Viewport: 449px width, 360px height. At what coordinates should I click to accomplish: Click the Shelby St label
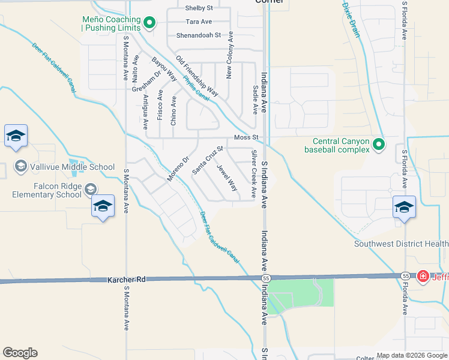[199, 8]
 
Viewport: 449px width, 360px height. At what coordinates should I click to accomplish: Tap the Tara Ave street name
[199, 22]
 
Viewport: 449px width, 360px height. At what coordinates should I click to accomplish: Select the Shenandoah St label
[199, 35]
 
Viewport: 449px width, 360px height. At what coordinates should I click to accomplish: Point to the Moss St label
[246, 138]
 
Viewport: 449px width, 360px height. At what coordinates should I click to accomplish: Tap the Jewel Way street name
[228, 178]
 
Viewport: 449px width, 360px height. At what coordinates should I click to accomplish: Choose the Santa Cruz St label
[208, 160]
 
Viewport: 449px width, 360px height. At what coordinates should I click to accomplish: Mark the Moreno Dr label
[178, 168]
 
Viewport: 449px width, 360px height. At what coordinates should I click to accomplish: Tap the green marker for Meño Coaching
[150, 24]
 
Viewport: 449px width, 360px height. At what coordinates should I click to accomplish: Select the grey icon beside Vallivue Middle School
[20, 166]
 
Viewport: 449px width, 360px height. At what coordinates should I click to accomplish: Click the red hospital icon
[423, 276]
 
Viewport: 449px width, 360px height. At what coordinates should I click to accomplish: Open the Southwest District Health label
[401, 244]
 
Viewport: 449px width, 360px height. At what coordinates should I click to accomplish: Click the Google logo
[20, 353]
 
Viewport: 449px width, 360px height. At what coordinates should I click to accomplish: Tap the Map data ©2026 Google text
[411, 355]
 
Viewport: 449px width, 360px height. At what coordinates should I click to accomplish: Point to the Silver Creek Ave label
[254, 175]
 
